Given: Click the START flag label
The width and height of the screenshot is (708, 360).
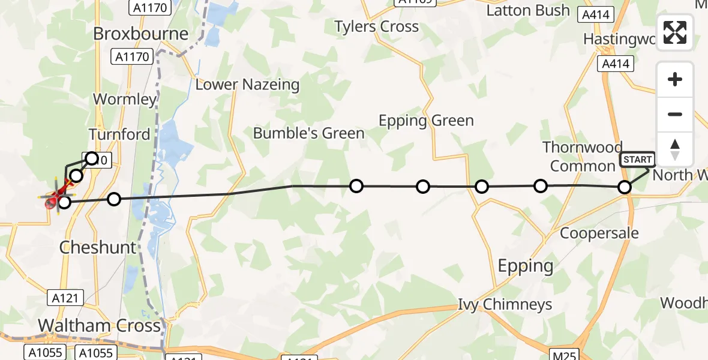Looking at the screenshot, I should click(637, 160).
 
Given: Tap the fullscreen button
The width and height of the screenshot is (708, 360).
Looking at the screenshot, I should click(675, 32).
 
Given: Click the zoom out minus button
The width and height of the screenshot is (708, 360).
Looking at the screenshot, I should click(675, 114).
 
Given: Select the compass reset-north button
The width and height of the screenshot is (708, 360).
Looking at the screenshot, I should click(675, 148).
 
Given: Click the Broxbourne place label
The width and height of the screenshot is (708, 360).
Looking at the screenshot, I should click(140, 34).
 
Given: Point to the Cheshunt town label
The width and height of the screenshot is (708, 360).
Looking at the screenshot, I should click(97, 247).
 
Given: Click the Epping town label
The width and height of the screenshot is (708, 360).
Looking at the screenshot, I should click(526, 265).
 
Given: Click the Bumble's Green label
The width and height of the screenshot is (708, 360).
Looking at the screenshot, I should click(308, 133).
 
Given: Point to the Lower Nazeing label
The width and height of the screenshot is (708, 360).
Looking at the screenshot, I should click(247, 85).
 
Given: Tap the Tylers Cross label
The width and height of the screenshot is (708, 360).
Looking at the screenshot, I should click(376, 26).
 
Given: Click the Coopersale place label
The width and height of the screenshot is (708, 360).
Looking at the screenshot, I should click(599, 233).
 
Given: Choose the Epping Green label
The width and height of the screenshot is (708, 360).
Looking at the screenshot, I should click(426, 121).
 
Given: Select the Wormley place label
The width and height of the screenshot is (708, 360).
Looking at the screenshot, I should click(125, 99).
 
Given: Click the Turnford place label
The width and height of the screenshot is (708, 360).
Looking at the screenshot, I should click(119, 134).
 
